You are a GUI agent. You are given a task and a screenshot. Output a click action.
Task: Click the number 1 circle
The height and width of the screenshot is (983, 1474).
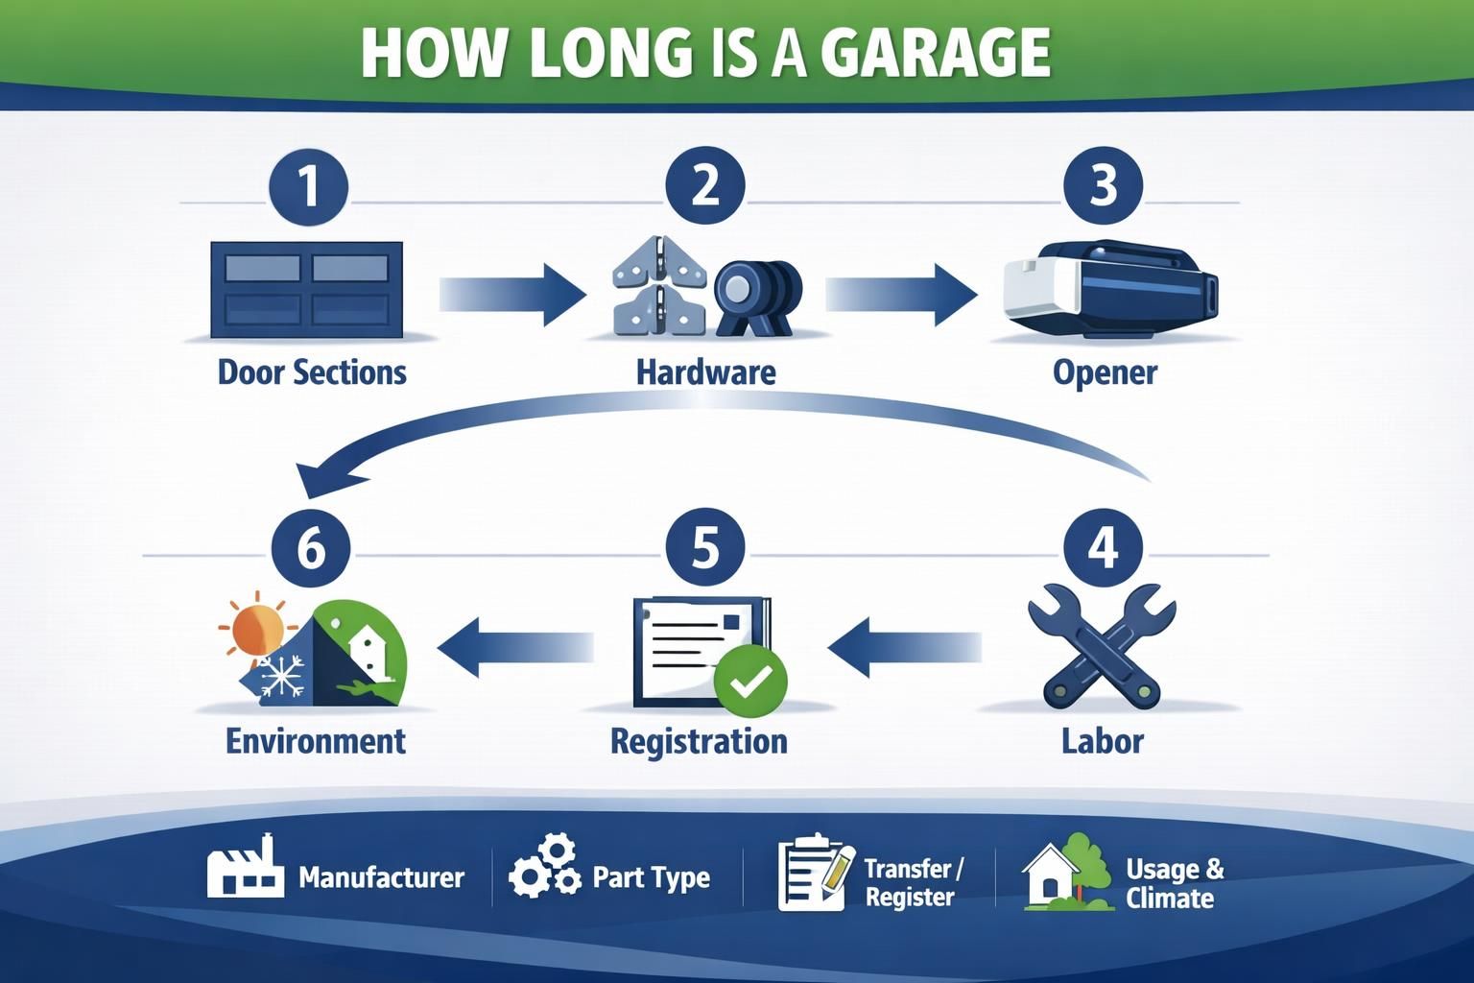[309, 185]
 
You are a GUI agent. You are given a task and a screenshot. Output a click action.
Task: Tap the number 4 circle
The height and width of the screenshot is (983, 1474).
[1103, 548]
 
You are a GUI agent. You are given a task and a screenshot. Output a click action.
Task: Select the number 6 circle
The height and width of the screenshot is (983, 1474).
[311, 548]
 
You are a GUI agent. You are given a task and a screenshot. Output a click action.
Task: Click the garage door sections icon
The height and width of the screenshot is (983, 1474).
[307, 289]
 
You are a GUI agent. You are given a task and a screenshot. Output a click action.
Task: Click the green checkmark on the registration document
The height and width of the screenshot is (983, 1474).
[750, 682]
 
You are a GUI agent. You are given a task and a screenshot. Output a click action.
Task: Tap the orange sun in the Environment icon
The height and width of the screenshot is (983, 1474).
[256, 629]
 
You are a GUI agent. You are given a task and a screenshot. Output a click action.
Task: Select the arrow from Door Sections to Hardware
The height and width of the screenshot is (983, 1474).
[512, 294]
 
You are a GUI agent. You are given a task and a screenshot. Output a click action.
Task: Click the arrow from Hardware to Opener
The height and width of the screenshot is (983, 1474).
[900, 294]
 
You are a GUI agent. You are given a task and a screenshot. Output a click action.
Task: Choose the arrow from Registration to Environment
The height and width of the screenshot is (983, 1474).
[515, 648]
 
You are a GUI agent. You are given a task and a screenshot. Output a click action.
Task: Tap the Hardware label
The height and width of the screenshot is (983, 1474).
[706, 372]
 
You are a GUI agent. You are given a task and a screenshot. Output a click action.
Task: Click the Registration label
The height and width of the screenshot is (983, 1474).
[699, 741]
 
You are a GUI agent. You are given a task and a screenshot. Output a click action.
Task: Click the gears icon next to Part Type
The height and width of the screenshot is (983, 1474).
[544, 867]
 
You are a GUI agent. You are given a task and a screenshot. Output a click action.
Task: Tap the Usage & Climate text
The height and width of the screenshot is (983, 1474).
[1175, 883]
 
